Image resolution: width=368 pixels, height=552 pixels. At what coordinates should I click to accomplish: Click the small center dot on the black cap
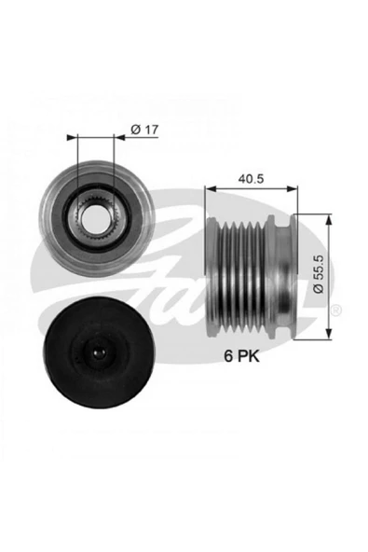point(93,353)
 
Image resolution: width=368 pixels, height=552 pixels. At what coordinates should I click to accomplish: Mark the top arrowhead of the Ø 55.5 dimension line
point(329,220)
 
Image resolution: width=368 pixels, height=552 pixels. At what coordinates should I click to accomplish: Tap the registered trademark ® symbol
point(336,309)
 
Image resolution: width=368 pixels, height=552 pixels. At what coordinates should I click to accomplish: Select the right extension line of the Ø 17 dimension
point(115,168)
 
